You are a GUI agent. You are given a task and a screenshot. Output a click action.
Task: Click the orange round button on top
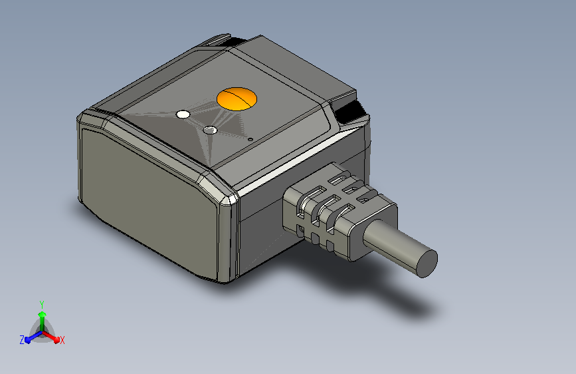tap(237, 99)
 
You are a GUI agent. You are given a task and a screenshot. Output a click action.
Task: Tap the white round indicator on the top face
tap(183, 115)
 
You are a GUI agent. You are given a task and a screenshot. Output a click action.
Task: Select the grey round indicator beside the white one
tap(210, 130)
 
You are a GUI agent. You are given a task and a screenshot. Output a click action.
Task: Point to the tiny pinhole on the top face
tap(250, 140)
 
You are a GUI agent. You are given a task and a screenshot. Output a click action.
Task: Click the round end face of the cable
tap(423, 263)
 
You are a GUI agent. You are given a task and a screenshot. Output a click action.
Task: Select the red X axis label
tap(62, 340)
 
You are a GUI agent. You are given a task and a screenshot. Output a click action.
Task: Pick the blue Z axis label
tap(22, 340)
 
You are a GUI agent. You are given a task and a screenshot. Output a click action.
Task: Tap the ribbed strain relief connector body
tap(329, 210)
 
